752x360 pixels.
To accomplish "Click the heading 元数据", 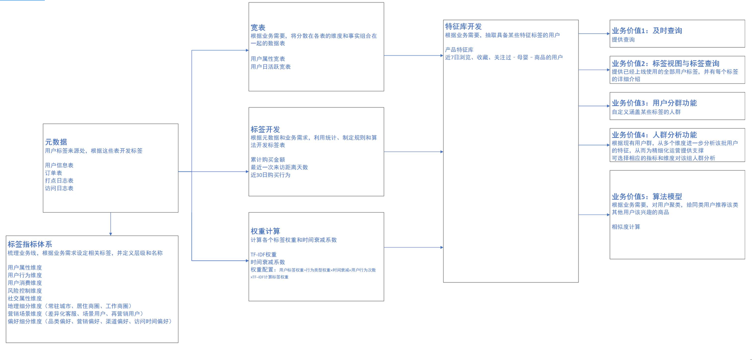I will coord(56,142).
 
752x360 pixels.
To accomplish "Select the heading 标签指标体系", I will coord(30,244).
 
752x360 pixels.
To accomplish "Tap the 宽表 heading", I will coord(258,28).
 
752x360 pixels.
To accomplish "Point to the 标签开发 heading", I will coord(265,130).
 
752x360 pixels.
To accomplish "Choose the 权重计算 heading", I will coord(265,232).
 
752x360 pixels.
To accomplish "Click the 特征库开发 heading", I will coord(463,27).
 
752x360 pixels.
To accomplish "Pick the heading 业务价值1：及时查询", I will coord(647,31).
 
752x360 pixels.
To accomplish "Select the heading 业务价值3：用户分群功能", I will coord(654,103).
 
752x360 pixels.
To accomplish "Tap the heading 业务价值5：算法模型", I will coord(647,197).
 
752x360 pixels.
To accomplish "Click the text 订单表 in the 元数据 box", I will coord(54,173).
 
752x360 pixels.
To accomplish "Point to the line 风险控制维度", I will coord(25,291).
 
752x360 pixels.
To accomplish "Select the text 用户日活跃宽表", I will coord(270,67).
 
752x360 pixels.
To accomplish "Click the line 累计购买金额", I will coord(268,160).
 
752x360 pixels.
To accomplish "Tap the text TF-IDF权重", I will coord(264,255).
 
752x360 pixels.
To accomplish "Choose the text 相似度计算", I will coord(626,227).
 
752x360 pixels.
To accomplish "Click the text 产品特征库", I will coord(459,50).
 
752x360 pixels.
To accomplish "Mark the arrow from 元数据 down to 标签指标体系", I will coord(111,224).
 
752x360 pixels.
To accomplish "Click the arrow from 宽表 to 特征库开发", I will coord(413,56).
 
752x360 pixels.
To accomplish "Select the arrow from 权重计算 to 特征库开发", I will coord(413,247).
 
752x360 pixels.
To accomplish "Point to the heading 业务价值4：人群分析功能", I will coord(654,135).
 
